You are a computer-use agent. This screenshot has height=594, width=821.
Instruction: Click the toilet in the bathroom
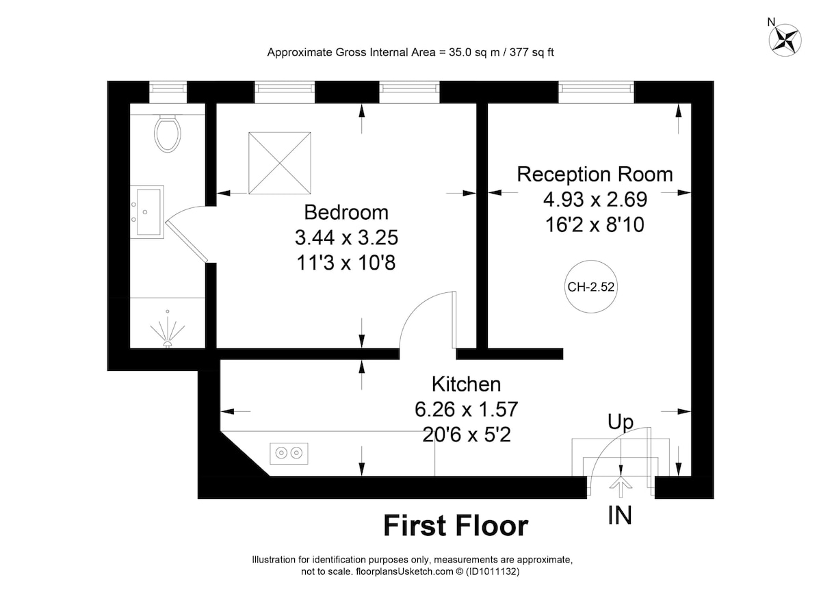click(x=168, y=133)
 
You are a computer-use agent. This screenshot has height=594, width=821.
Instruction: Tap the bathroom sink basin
click(x=147, y=212)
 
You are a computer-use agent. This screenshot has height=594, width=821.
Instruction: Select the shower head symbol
click(x=168, y=331)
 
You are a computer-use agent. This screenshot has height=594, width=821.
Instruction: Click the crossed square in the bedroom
click(x=280, y=163)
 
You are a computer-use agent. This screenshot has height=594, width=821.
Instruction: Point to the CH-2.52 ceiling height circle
click(x=591, y=287)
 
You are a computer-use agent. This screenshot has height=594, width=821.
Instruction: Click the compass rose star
click(x=785, y=40)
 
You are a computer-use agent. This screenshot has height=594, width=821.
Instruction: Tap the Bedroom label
click(x=346, y=212)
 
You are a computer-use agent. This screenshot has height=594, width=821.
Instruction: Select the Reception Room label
click(x=595, y=175)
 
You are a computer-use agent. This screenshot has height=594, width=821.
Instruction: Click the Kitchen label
click(x=466, y=385)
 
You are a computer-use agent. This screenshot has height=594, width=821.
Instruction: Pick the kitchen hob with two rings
click(x=289, y=454)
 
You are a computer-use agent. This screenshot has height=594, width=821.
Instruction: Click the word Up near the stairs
click(x=621, y=422)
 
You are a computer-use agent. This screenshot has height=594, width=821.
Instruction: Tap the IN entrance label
click(x=620, y=515)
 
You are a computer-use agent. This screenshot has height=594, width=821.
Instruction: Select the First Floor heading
click(x=456, y=526)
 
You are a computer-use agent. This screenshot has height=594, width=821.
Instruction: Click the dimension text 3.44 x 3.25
click(x=346, y=237)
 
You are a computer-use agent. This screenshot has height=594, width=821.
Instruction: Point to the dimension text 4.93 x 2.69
click(x=595, y=199)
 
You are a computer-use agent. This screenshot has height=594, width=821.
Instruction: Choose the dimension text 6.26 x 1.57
click(x=466, y=409)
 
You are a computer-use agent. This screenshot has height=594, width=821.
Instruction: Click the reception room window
click(x=597, y=92)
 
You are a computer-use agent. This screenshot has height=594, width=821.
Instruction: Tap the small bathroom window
click(x=168, y=92)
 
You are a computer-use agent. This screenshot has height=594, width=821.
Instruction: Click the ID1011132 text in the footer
click(x=492, y=571)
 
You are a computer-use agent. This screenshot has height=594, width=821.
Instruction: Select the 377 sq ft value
click(x=532, y=53)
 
